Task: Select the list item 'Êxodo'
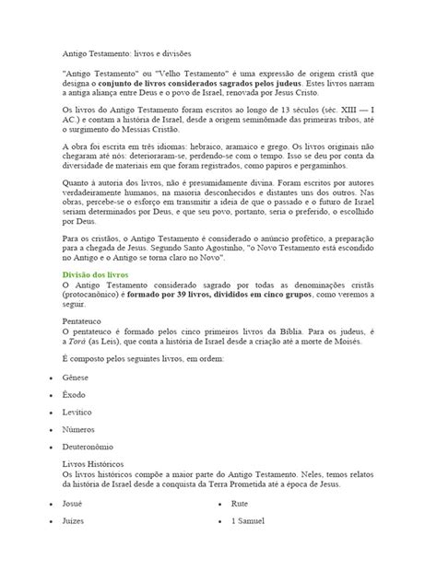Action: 74,424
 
